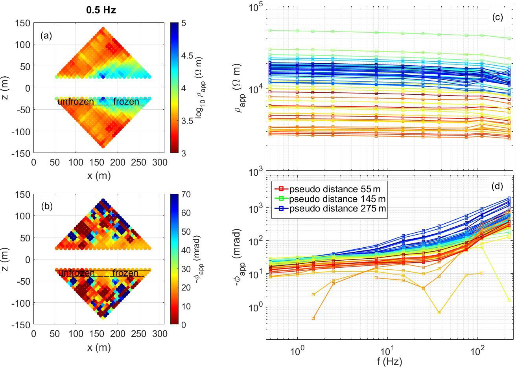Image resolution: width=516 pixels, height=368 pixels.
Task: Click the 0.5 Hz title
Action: pos(101,11)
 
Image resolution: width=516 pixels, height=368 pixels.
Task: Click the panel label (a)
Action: pos(46,36)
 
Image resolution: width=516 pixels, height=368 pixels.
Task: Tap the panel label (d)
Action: pos(497,187)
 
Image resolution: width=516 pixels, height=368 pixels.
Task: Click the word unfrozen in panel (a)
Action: pos(76,102)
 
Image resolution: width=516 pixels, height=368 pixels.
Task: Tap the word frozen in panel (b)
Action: pos(125,273)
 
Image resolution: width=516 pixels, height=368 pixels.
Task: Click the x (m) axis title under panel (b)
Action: pos(99,347)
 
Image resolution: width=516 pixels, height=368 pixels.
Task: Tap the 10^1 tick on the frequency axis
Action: pos(387,351)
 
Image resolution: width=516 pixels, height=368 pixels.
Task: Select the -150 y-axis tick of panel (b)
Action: pos(22,325)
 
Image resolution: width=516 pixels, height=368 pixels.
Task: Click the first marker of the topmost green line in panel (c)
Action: pos(270,30)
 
